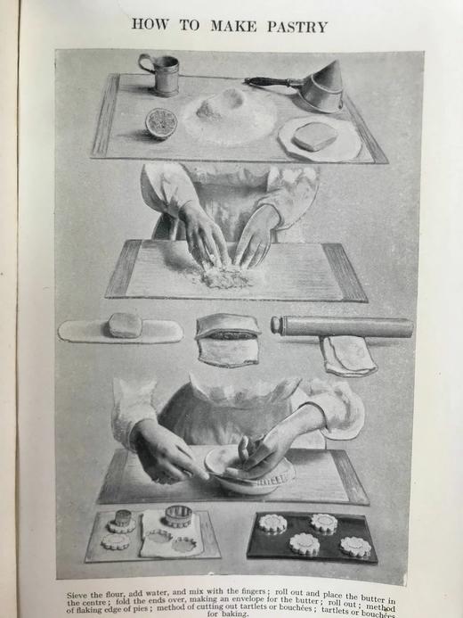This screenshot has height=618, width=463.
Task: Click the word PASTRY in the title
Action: click(293, 26)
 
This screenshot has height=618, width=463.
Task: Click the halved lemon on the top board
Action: click(161, 122)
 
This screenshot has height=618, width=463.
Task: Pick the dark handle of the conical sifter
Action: click(264, 82)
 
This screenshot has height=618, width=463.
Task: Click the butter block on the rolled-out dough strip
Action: click(125, 325)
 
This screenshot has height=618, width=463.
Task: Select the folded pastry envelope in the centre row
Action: click(227, 338)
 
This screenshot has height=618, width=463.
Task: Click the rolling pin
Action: click(342, 326)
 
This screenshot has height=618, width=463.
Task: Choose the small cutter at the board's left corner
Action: click(122, 520)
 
